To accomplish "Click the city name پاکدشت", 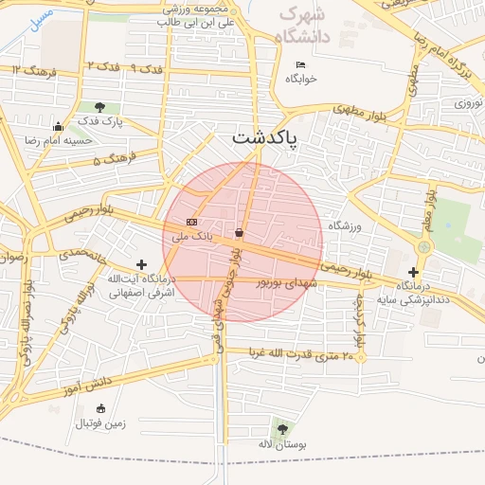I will (264, 137).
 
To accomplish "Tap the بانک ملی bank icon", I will (192, 222).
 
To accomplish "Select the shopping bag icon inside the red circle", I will (237, 232).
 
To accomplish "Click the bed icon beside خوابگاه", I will (301, 64).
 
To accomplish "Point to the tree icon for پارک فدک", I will (99, 107).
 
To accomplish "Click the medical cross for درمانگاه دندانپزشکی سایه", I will (412, 272).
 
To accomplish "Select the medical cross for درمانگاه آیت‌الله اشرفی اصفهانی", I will (142, 264).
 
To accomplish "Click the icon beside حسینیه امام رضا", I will (59, 127).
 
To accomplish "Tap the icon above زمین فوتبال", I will (99, 408).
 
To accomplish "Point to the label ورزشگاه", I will (346, 226).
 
